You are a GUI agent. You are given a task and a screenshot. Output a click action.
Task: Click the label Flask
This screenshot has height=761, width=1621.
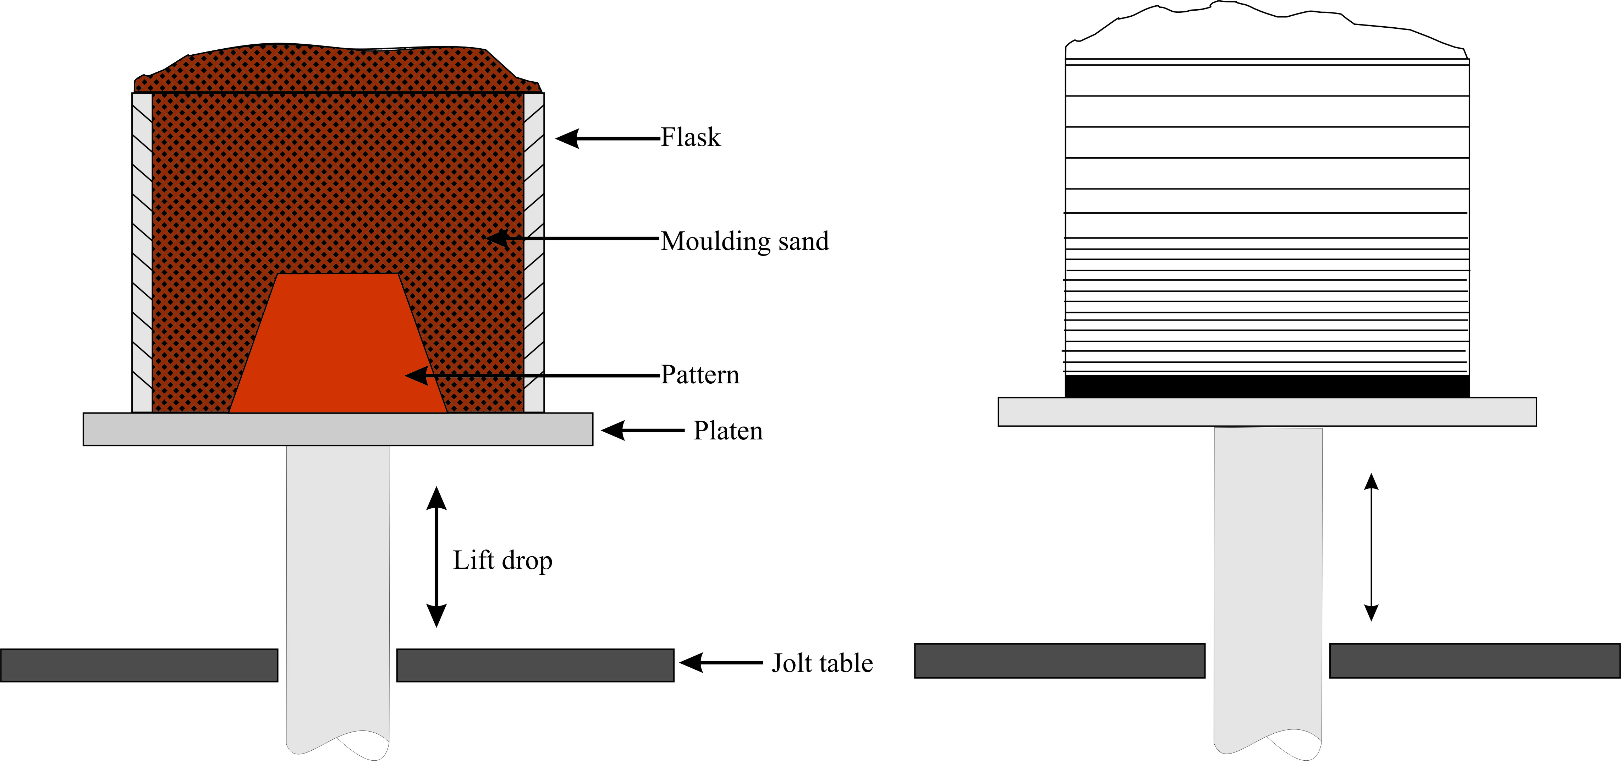click(690, 137)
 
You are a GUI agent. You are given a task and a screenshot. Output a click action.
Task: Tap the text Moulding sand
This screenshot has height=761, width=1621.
click(744, 241)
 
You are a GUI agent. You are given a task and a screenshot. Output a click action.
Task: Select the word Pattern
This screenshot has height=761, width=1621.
click(700, 375)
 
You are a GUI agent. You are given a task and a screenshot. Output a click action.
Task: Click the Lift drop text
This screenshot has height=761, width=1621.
click(502, 560)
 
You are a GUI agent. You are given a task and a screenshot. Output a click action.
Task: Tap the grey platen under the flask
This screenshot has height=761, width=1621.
click(338, 429)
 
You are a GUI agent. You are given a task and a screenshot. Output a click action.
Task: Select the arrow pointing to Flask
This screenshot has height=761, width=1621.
click(607, 138)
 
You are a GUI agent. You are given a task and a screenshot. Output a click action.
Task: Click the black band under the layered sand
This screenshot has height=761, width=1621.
click(1267, 386)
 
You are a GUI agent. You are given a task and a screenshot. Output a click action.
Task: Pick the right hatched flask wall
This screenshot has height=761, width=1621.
click(534, 252)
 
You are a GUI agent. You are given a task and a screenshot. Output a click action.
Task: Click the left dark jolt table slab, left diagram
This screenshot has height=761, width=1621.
click(139, 665)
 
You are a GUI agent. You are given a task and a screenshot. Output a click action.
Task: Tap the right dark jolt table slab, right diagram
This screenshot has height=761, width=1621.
click(1474, 661)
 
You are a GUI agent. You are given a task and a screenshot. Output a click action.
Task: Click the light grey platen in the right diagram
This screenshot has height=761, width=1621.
click(1267, 412)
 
